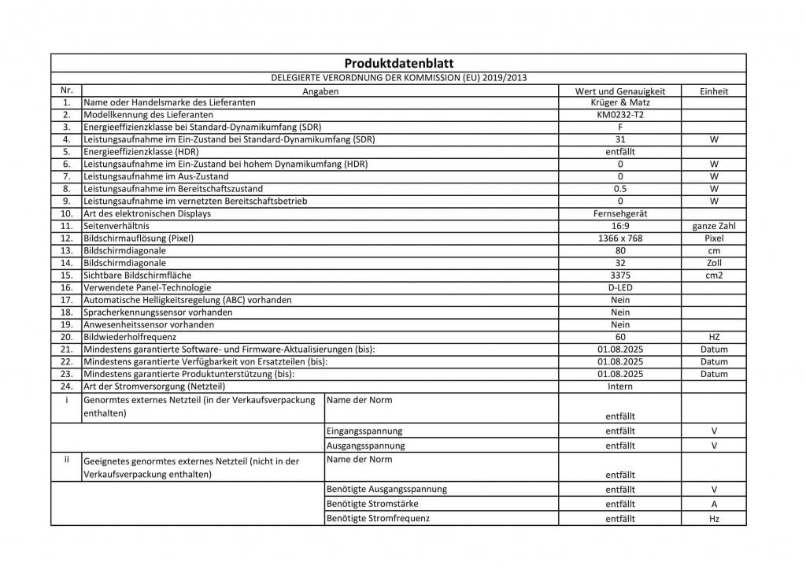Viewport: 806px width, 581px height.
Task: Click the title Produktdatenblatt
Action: pyautogui.click(x=398, y=64)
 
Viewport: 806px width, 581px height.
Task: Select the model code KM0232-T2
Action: pyautogui.click(x=620, y=114)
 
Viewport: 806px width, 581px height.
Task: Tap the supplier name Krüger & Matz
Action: pyautogui.click(x=620, y=102)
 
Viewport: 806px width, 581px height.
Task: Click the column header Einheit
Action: pyautogui.click(x=714, y=91)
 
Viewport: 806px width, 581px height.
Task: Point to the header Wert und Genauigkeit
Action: pyautogui.click(x=620, y=91)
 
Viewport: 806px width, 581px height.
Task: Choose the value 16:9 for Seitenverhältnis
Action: pyautogui.click(x=620, y=226)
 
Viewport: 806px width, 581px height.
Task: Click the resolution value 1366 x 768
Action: pyautogui.click(x=620, y=238)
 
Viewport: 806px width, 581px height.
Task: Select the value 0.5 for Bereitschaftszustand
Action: pyautogui.click(x=620, y=189)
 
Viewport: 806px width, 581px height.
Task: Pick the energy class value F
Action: pyautogui.click(x=620, y=127)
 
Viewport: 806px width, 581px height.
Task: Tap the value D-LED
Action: pyautogui.click(x=620, y=288)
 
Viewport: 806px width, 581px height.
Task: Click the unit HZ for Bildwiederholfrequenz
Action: pyautogui.click(x=714, y=337)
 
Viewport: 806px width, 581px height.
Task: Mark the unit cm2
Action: pyautogui.click(x=714, y=276)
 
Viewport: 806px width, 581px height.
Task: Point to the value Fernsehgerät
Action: pyautogui.click(x=620, y=213)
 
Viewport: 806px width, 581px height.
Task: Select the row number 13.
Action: pyautogui.click(x=67, y=250)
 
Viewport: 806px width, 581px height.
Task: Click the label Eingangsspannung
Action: pyautogui.click(x=364, y=431)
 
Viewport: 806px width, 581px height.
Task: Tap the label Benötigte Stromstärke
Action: pyautogui.click(x=372, y=504)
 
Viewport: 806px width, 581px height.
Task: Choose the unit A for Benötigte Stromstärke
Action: pyautogui.click(x=714, y=504)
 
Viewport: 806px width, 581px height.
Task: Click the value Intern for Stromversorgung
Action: pyautogui.click(x=620, y=387)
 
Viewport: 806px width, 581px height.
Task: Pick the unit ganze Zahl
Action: pyautogui.click(x=714, y=226)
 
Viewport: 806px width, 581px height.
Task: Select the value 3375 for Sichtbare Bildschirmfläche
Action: pyautogui.click(x=620, y=276)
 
